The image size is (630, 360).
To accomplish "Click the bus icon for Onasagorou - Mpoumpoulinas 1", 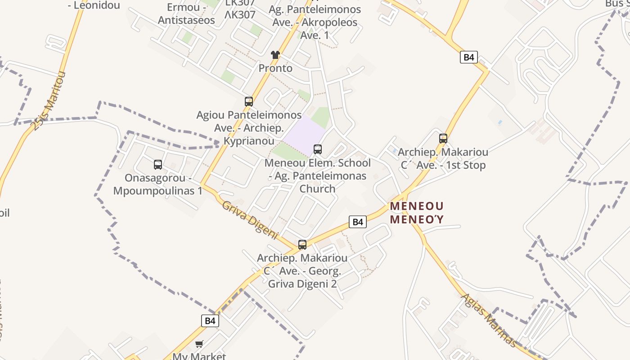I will coord(158,165).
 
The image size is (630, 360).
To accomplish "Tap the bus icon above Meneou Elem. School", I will coord(318,149).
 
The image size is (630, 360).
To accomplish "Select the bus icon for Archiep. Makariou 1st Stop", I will coord(443,139).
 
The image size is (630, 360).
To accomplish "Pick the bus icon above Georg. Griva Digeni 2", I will coord(302,245).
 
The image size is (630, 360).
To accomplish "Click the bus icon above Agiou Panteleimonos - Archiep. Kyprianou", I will coord(249,102).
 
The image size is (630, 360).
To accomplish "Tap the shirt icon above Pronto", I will coord(275,55).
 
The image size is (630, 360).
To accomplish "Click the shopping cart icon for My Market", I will coord(199,344).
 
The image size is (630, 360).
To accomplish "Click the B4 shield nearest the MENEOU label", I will coord(357,222).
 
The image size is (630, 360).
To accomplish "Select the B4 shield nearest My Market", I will coord(210,321).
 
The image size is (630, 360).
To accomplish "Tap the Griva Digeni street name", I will coord(250,220).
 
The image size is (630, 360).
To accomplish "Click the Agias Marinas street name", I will coord(489,320).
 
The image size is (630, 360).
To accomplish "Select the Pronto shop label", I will coord(275,68).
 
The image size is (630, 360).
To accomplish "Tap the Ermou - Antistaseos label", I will coord(186,14).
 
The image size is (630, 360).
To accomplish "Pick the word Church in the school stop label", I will coord(318,189).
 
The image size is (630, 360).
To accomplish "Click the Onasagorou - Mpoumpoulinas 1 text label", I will coord(158,184).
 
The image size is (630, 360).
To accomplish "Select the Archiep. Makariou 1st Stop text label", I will coord(443,158).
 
